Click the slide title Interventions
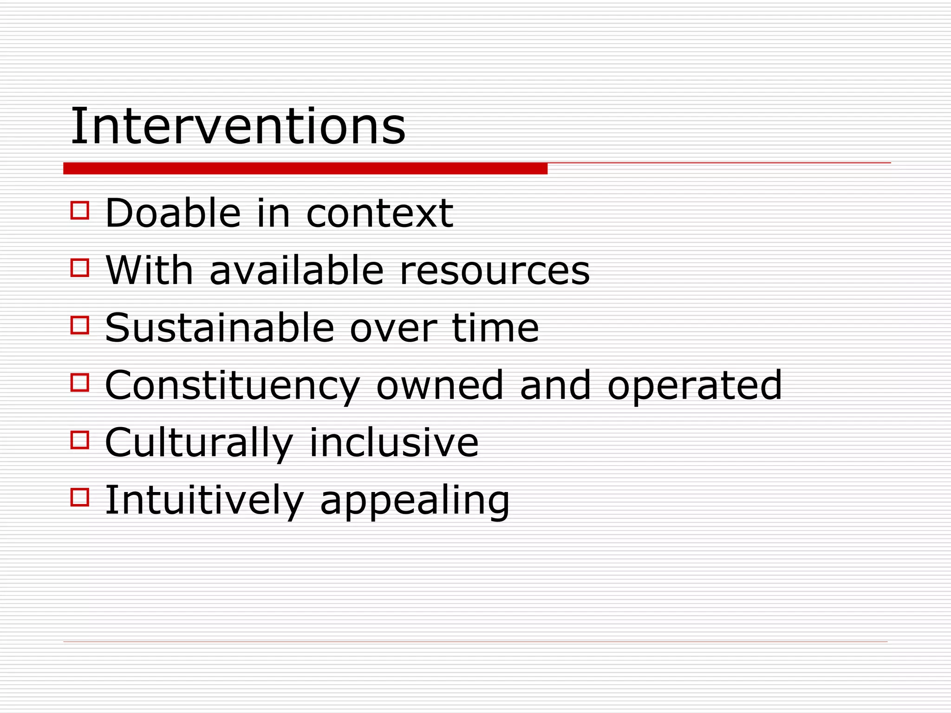pyautogui.click(x=238, y=126)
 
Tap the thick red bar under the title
pyautogui.click(x=305, y=169)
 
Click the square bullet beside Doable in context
pyautogui.click(x=80, y=210)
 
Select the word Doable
pyautogui.click(x=173, y=214)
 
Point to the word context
pyautogui.click(x=379, y=214)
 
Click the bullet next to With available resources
pyautogui.click(x=80, y=268)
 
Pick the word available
pyautogui.click(x=297, y=271)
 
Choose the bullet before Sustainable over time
pyautogui.click(x=80, y=325)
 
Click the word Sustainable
pyautogui.click(x=220, y=328)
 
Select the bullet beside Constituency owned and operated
pyautogui.click(x=80, y=382)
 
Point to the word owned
pyautogui.click(x=440, y=385)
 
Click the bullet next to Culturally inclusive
pyautogui.click(x=80, y=440)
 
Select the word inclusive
pyautogui.click(x=394, y=442)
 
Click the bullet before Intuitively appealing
pyautogui.click(x=80, y=497)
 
